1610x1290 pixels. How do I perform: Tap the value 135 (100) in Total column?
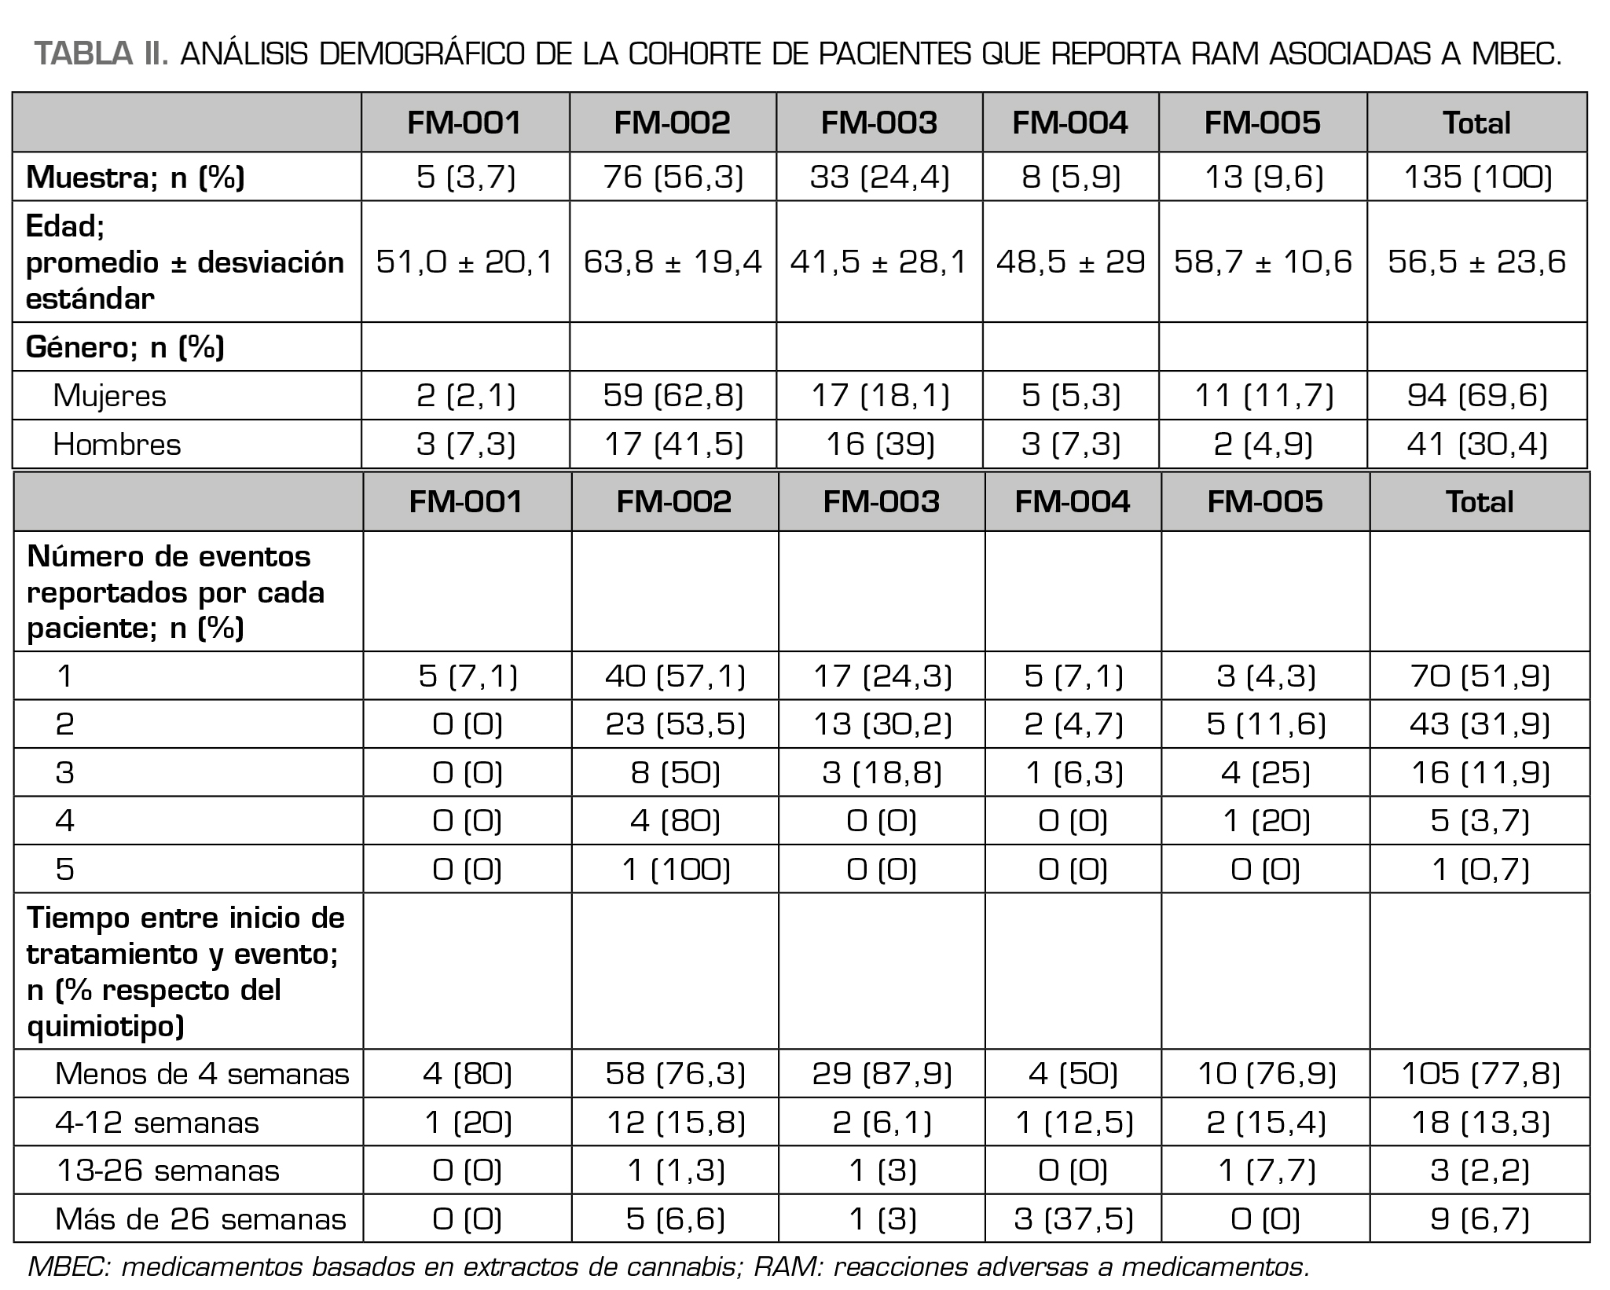point(1476,177)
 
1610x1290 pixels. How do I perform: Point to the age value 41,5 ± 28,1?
point(878,262)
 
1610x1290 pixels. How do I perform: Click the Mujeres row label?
point(109,395)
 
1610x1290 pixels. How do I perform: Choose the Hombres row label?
point(116,445)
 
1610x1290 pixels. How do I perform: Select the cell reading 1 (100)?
point(675,869)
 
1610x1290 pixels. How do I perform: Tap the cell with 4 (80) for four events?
point(675,821)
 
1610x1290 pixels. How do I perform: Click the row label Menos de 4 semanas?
point(202,1073)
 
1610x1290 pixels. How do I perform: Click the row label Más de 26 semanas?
point(200,1219)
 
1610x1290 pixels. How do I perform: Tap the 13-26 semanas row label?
point(167,1171)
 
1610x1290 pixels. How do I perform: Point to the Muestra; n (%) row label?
point(135,178)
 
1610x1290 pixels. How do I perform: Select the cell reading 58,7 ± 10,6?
point(1262,262)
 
